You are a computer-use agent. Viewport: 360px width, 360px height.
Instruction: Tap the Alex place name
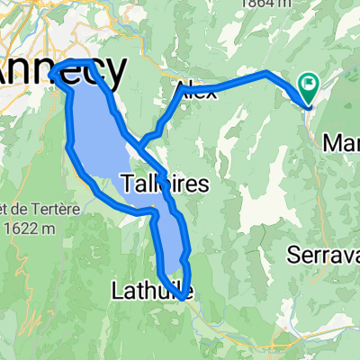point(197,88)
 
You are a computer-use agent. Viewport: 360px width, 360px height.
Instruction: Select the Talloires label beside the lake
point(164,184)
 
